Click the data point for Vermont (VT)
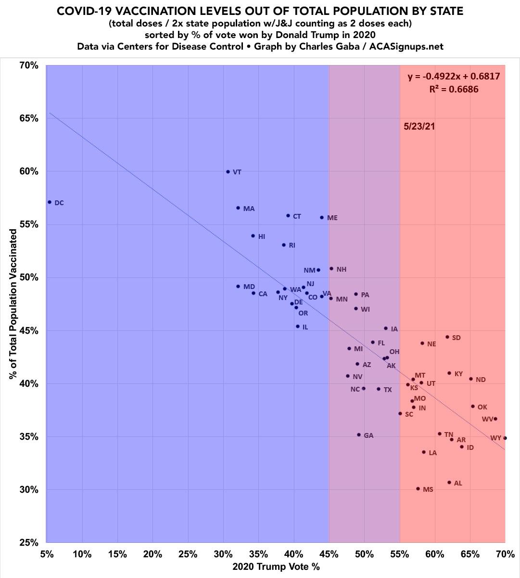pos(228,171)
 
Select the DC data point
pos(50,202)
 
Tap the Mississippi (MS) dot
pos(418,488)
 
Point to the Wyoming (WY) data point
pos(505,438)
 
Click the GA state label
pos(368,435)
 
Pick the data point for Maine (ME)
pos(322,218)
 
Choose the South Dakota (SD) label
pos(457,338)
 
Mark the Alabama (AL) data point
pos(449,482)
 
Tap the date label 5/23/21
pos(419,127)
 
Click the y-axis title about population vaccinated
pos(13,303)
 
